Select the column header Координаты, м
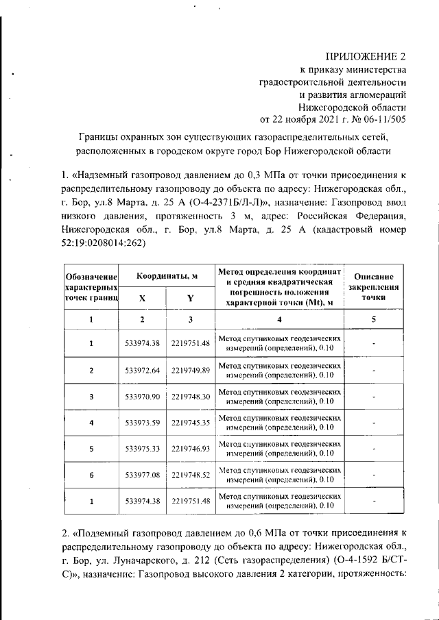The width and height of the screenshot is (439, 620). [x=167, y=275]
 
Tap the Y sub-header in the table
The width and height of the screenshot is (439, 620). [x=190, y=298]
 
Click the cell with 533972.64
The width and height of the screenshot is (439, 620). [x=143, y=371]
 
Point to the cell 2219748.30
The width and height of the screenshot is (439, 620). [x=191, y=397]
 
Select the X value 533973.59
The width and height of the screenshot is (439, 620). [x=143, y=423]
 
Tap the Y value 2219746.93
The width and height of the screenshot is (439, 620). [x=191, y=449]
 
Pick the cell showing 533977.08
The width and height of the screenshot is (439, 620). [x=143, y=475]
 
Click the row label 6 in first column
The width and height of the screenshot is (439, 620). [x=91, y=475]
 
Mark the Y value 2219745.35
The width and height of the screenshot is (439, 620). [x=191, y=423]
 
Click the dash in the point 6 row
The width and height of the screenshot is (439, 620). [x=374, y=475]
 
